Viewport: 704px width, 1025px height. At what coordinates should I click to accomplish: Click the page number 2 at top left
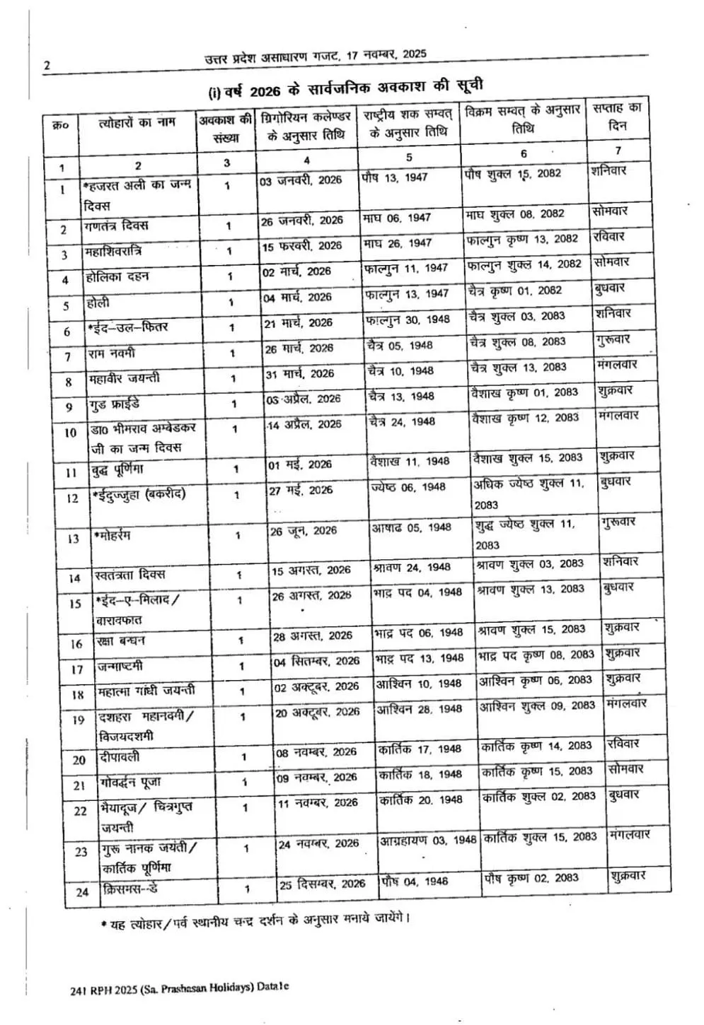(47, 66)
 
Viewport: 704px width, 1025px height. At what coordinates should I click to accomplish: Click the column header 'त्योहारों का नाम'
(137, 122)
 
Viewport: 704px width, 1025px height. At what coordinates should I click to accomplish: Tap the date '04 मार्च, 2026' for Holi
(297, 298)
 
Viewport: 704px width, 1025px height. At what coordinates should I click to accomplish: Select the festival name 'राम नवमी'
(112, 353)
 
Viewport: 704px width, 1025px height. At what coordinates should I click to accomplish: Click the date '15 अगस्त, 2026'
(311, 570)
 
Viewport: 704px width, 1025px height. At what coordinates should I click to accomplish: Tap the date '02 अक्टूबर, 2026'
(317, 686)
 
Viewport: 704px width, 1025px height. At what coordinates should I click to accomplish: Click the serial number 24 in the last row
(82, 892)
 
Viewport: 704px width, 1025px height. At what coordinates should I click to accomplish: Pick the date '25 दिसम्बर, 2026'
(322, 884)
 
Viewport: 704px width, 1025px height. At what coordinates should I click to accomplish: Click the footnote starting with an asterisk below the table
(255, 920)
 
